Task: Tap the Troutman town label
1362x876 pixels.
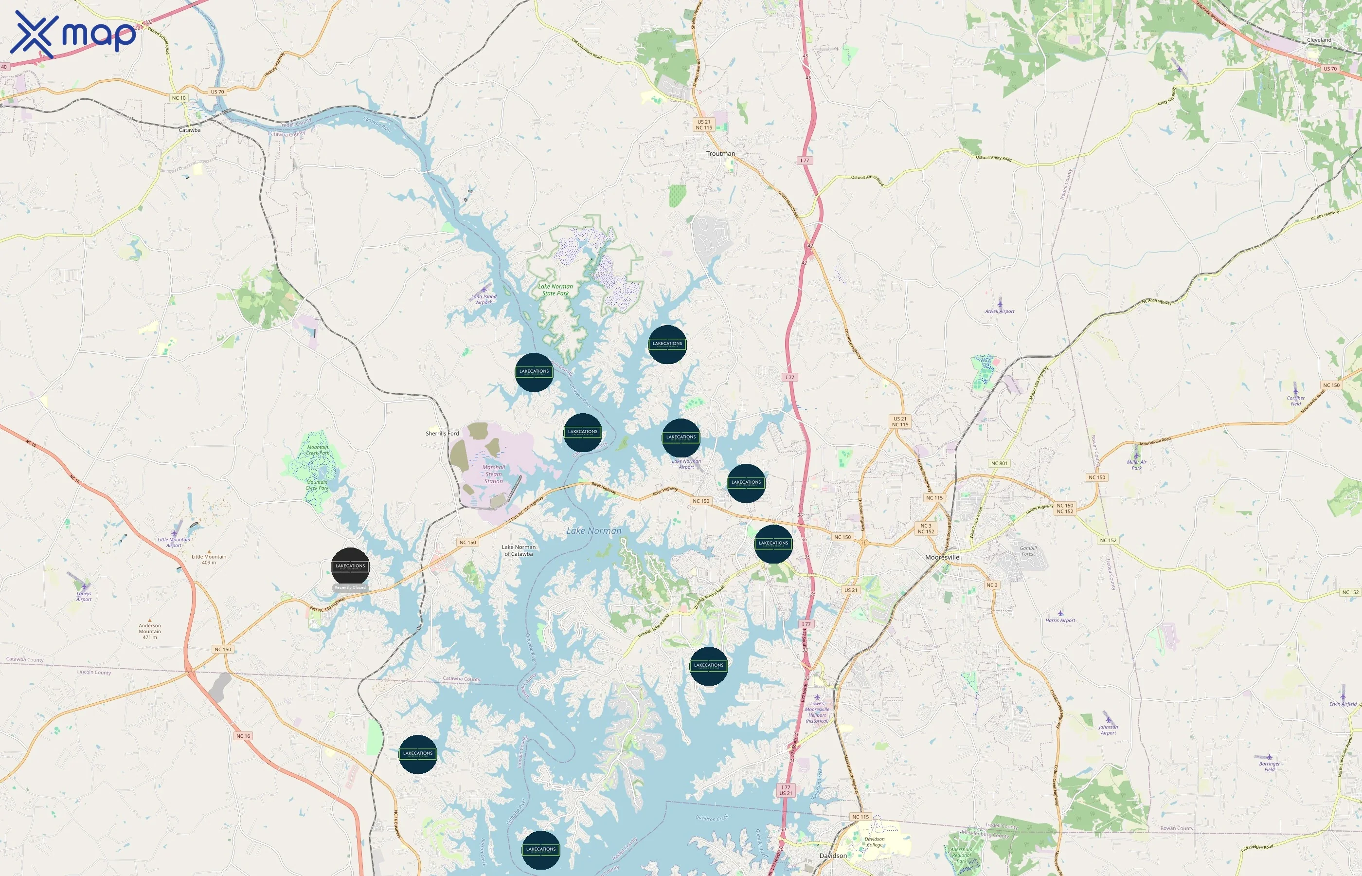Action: [720, 154]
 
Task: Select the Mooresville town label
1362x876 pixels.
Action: [942, 557]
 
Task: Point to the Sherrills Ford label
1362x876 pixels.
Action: [442, 434]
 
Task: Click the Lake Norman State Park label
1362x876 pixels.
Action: [556, 290]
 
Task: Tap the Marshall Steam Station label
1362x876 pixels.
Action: [493, 474]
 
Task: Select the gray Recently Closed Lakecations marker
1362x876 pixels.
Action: [350, 566]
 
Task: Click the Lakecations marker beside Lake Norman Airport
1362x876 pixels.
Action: [681, 438]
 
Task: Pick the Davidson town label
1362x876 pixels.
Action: [833, 856]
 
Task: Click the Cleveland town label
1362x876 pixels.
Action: [1319, 40]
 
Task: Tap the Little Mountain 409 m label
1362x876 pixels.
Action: [209, 559]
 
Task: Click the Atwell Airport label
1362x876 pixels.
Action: [999, 311]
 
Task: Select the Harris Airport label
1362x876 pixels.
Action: [1060, 620]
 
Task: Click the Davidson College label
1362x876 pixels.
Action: [874, 842]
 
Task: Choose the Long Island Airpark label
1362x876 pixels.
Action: [484, 299]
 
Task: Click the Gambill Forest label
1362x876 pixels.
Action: [1028, 550]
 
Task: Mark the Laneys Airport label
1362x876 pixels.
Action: [84, 596]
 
